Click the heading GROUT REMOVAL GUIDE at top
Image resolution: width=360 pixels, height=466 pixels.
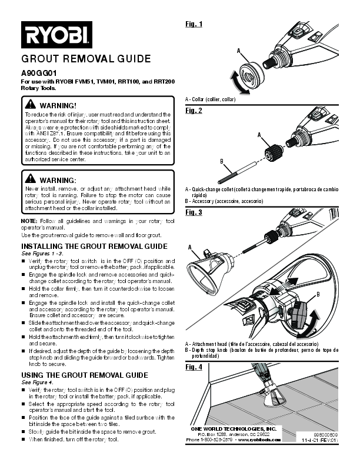(86, 59)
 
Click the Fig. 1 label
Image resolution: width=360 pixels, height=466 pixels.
(194, 24)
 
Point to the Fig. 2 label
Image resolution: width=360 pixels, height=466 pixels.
(194, 111)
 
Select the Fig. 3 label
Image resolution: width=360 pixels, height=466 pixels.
(194, 212)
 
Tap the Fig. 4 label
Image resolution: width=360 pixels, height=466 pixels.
(194, 367)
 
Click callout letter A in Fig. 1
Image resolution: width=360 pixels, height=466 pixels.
(239, 51)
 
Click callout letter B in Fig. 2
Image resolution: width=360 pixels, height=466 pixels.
(221, 161)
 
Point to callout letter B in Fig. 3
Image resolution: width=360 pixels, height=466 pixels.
(318, 294)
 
